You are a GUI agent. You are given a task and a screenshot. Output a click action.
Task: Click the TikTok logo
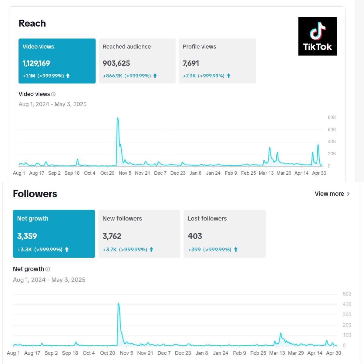coord(317,36)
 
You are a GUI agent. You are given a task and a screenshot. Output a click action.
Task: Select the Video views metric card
coord(57,61)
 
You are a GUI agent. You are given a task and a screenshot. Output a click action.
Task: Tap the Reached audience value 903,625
coord(116,63)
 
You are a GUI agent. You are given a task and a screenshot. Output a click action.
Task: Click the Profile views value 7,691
coord(191,63)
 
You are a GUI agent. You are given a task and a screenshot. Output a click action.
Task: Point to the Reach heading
coord(32,23)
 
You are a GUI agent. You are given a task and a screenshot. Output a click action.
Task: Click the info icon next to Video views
coord(53,94)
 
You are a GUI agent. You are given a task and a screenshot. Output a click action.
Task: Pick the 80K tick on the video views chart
coord(332,117)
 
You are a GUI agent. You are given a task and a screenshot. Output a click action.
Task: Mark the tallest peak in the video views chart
coord(117,118)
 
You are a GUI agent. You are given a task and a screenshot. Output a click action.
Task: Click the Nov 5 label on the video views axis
coord(125,173)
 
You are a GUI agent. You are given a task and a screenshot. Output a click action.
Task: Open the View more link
coord(332,194)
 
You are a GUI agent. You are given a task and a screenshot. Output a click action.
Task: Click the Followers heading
coord(35,194)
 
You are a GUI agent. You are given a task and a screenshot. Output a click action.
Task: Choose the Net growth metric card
coord(54,234)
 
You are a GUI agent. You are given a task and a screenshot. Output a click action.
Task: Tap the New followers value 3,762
coord(112,236)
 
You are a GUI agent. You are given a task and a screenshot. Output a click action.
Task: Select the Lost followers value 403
coord(195,236)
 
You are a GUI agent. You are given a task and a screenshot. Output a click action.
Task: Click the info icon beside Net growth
coord(48,269)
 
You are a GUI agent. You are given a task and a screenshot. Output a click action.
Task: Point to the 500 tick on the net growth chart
coord(347,294)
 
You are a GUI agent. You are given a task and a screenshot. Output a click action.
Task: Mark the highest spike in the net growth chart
coord(118,304)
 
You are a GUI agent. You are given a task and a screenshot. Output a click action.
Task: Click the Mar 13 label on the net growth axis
coord(277,353)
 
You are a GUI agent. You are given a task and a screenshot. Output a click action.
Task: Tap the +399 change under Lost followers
coord(194,250)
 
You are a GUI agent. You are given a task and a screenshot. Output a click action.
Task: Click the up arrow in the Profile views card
coord(229,76)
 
